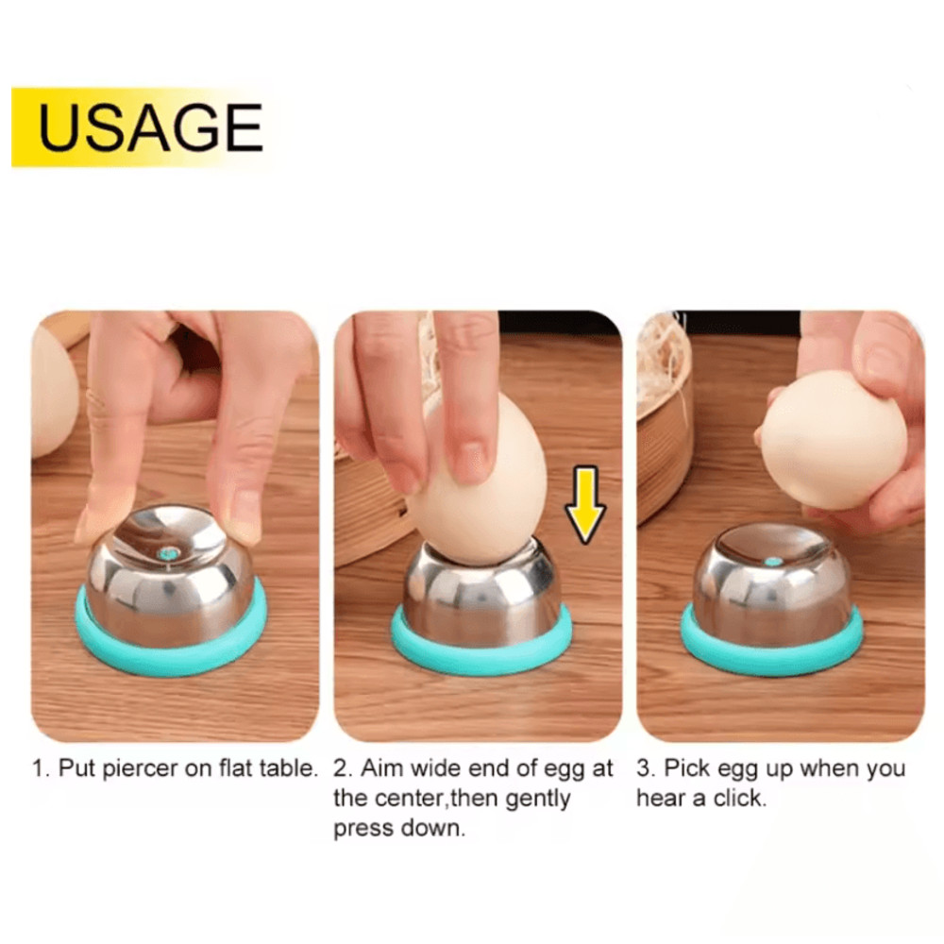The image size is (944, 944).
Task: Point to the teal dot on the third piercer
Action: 773,561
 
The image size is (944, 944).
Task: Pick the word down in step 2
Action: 438,830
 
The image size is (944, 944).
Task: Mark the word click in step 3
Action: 737,799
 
